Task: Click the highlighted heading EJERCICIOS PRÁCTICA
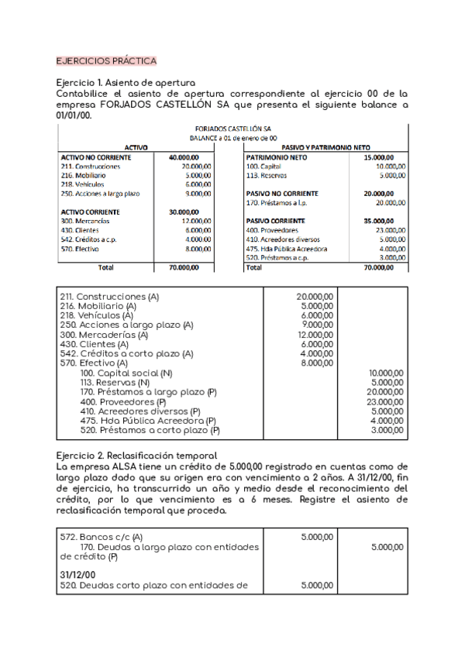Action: [107, 60]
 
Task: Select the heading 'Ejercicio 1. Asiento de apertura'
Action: [126, 83]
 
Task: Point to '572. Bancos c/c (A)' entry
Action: [102, 536]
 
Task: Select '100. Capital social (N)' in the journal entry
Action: [126, 373]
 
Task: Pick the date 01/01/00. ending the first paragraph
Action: [74, 115]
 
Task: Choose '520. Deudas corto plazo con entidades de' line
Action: [153, 586]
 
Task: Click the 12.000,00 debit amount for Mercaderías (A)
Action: [315, 335]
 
